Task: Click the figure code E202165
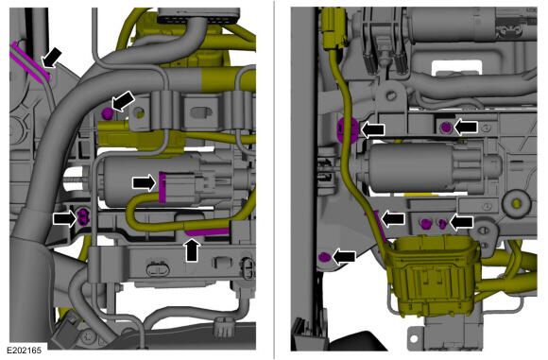[x=25, y=350]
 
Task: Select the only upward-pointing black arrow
[x=192, y=249]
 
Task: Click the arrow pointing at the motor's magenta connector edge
[x=145, y=182]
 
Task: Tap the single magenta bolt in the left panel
[x=108, y=112]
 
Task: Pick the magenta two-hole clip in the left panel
[x=83, y=217]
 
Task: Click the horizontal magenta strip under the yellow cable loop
[x=207, y=231]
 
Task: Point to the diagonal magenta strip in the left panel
[x=30, y=61]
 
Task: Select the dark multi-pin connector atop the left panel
[x=198, y=16]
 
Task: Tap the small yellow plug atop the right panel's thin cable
[x=334, y=29]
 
